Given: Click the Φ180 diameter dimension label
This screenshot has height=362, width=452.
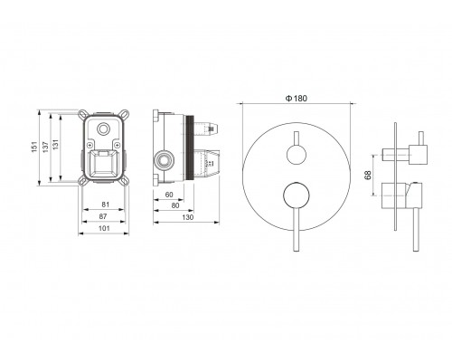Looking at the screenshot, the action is coord(297,99).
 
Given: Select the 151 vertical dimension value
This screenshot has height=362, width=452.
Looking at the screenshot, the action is coord(35,147).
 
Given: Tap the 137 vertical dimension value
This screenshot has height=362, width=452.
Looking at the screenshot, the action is coord(45,147).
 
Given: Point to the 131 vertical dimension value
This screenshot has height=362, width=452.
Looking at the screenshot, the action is coord(55,145).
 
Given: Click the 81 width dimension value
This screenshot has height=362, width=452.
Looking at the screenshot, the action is coord(105,205).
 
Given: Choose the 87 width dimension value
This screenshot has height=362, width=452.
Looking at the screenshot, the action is coord(103,216).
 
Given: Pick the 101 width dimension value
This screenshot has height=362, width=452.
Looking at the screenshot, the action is coord(104,228).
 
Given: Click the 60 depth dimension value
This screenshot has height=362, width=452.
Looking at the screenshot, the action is coord(169,195).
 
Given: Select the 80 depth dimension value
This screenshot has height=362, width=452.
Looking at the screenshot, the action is coord(175,205).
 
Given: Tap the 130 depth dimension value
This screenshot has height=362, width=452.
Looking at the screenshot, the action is coord(188,217).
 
